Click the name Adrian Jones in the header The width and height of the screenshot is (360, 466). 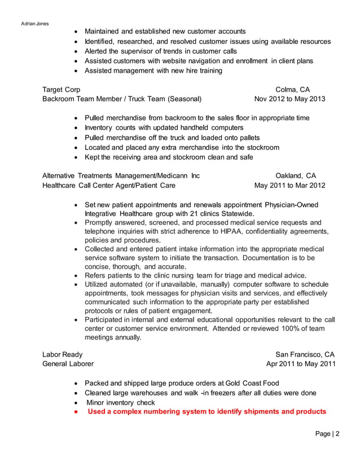pos(35,23)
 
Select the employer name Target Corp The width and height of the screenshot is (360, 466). pos(61,90)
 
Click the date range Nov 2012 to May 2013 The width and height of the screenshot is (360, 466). pos(289,99)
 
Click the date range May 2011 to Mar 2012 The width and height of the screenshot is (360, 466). pos(289,185)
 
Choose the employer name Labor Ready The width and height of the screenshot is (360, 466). pos(62,354)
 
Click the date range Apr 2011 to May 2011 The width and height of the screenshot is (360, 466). pos(301,364)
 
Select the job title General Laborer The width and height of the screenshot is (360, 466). pos(68,364)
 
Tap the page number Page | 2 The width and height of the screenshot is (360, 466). pos(328,433)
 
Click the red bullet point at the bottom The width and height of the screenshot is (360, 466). pos(76,412)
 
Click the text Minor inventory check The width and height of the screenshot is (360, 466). pos(120,402)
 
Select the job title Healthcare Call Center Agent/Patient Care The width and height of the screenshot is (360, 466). pos(108,185)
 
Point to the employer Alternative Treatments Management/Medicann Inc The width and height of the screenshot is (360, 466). pos(121,175)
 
